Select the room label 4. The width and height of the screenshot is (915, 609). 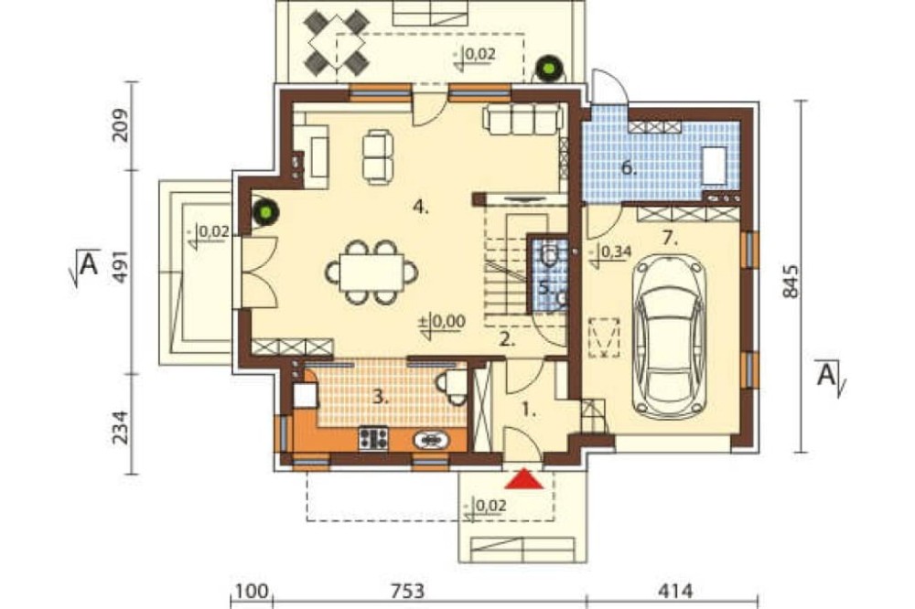pos(420,207)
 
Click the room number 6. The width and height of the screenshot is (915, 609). pos(628,168)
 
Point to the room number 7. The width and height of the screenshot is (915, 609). pos(670,238)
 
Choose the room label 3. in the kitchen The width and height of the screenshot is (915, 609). pos(381,398)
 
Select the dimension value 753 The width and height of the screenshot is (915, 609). pos(407,592)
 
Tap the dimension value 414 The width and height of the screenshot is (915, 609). pos(675,592)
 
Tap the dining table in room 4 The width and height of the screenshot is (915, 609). pos(372,272)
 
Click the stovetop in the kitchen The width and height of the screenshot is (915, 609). pos(373,439)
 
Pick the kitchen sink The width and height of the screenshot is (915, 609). pos(431,439)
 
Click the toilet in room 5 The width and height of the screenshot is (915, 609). pos(549,255)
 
